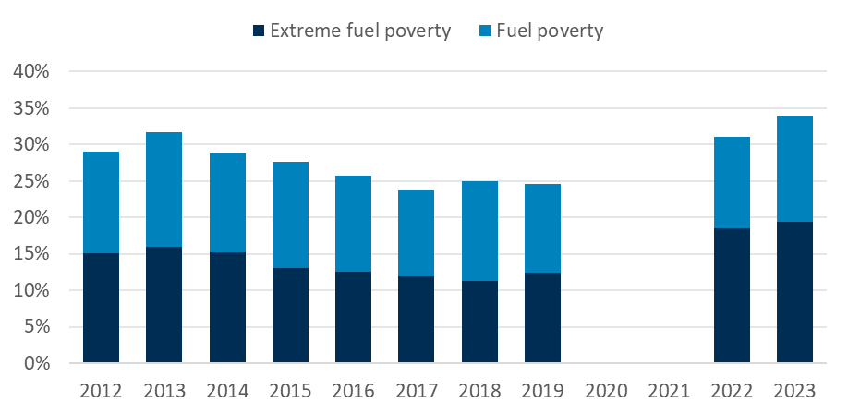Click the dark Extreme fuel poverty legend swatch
(x=257, y=31)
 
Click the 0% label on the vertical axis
(x=40, y=363)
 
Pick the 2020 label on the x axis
(x=606, y=390)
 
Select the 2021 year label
(x=669, y=390)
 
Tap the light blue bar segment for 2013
(x=164, y=189)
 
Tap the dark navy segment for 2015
(x=291, y=315)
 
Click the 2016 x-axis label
(x=354, y=390)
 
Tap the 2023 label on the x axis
(x=794, y=390)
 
